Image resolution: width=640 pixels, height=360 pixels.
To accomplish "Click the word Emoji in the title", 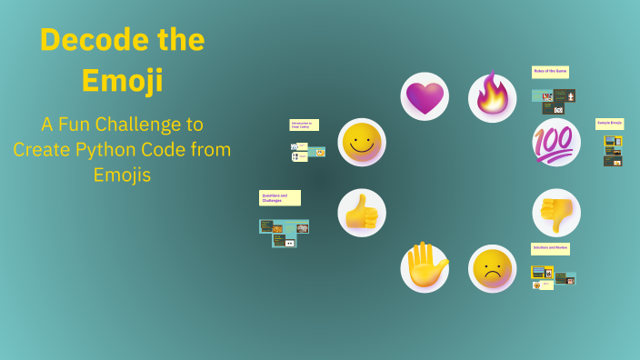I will pyautogui.click(x=122, y=81).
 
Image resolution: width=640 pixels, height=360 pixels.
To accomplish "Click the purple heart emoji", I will pyautogui.click(x=425, y=97).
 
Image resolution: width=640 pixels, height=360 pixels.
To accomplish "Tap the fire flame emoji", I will pyautogui.click(x=493, y=96).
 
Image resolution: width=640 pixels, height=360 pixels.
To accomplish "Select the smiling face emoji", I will pyautogui.click(x=362, y=142).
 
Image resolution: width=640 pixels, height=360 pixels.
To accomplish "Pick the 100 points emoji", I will pyautogui.click(x=555, y=141).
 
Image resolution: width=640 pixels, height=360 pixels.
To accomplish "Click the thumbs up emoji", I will pyautogui.click(x=362, y=213).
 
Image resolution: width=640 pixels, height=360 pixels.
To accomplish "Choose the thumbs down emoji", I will pyautogui.click(x=555, y=213).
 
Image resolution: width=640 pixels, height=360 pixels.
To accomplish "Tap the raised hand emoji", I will pyautogui.click(x=425, y=267).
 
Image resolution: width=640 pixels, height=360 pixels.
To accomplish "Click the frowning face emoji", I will pyautogui.click(x=493, y=267).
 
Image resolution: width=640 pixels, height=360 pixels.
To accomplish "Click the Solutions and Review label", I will pyautogui.click(x=550, y=248).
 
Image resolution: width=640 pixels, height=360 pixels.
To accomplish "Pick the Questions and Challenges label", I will pyautogui.click(x=279, y=197).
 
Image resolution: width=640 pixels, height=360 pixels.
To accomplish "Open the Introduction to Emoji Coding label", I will pyautogui.click(x=304, y=125).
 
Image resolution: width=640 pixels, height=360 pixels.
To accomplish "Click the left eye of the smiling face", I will pyautogui.click(x=355, y=135).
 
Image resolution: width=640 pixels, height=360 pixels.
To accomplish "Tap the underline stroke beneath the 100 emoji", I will pyautogui.click(x=555, y=155).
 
